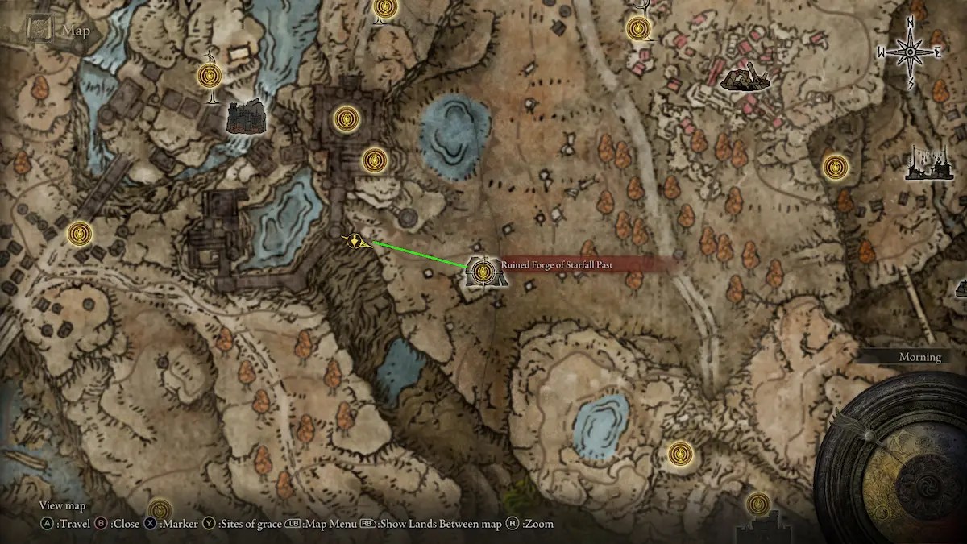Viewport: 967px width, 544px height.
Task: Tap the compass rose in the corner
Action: click(910, 52)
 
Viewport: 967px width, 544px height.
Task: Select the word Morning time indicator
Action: click(920, 357)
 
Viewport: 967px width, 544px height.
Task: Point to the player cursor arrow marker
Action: click(357, 240)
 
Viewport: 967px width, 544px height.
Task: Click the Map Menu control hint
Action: click(320, 524)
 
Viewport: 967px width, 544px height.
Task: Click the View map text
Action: click(62, 505)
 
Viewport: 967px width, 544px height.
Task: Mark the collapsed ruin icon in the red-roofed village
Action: click(744, 77)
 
